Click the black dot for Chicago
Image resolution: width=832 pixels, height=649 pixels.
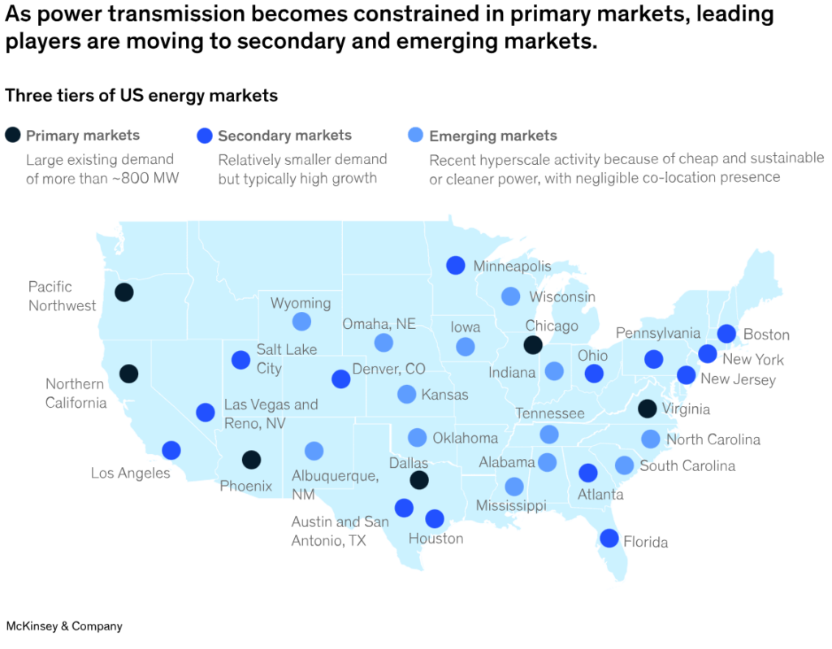pyautogui.click(x=532, y=345)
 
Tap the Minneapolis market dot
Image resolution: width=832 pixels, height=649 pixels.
pyautogui.click(x=455, y=266)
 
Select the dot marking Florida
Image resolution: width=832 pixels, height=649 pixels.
pyautogui.click(x=609, y=538)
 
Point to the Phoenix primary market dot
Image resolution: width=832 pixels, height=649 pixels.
pyautogui.click(x=251, y=460)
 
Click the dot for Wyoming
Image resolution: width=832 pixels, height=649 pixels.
pyautogui.click(x=301, y=322)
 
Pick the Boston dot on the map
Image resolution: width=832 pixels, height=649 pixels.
pyautogui.click(x=726, y=334)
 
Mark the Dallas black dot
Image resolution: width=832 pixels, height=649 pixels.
pyautogui.click(x=418, y=480)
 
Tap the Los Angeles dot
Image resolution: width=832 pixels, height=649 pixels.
pyautogui.click(x=171, y=450)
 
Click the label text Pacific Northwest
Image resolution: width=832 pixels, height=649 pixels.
pyautogui.click(x=62, y=296)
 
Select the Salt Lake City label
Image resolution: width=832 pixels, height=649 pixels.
pyautogui.click(x=281, y=358)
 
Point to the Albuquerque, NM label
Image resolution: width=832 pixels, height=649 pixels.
pyautogui.click(x=335, y=484)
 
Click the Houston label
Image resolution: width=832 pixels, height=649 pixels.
pyautogui.click(x=435, y=539)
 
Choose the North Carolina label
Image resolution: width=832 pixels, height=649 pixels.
pyautogui.click(x=713, y=439)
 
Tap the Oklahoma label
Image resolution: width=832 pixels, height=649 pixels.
pyautogui.click(x=465, y=438)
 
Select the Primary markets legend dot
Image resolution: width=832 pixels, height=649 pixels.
pyautogui.click(x=13, y=136)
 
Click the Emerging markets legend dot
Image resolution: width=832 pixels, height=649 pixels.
pyautogui.click(x=415, y=136)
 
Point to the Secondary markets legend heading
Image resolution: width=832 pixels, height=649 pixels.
pyautogui.click(x=284, y=136)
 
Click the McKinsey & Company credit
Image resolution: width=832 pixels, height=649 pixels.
pyautogui.click(x=64, y=626)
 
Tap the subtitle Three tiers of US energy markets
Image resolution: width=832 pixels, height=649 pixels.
pyautogui.click(x=141, y=96)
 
